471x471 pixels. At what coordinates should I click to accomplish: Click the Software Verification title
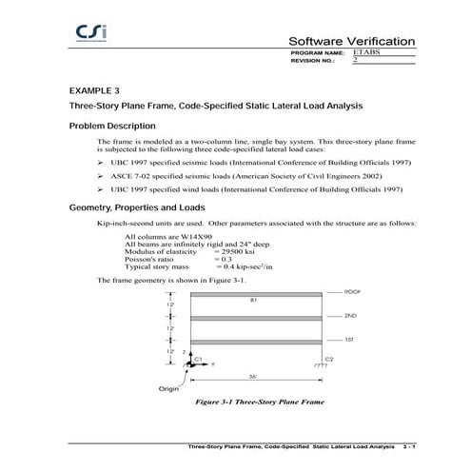[x=352, y=42]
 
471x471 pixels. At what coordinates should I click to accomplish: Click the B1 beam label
[x=254, y=300]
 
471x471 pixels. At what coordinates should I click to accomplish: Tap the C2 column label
[x=329, y=358]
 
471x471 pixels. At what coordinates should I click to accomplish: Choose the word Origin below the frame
[x=167, y=389]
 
